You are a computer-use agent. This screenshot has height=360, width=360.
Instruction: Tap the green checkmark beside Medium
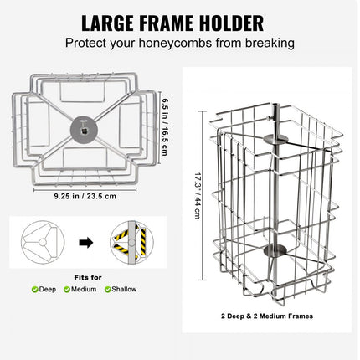pyautogui.click(x=69, y=289)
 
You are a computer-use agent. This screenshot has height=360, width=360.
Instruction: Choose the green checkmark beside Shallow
pyautogui.click(x=107, y=289)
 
